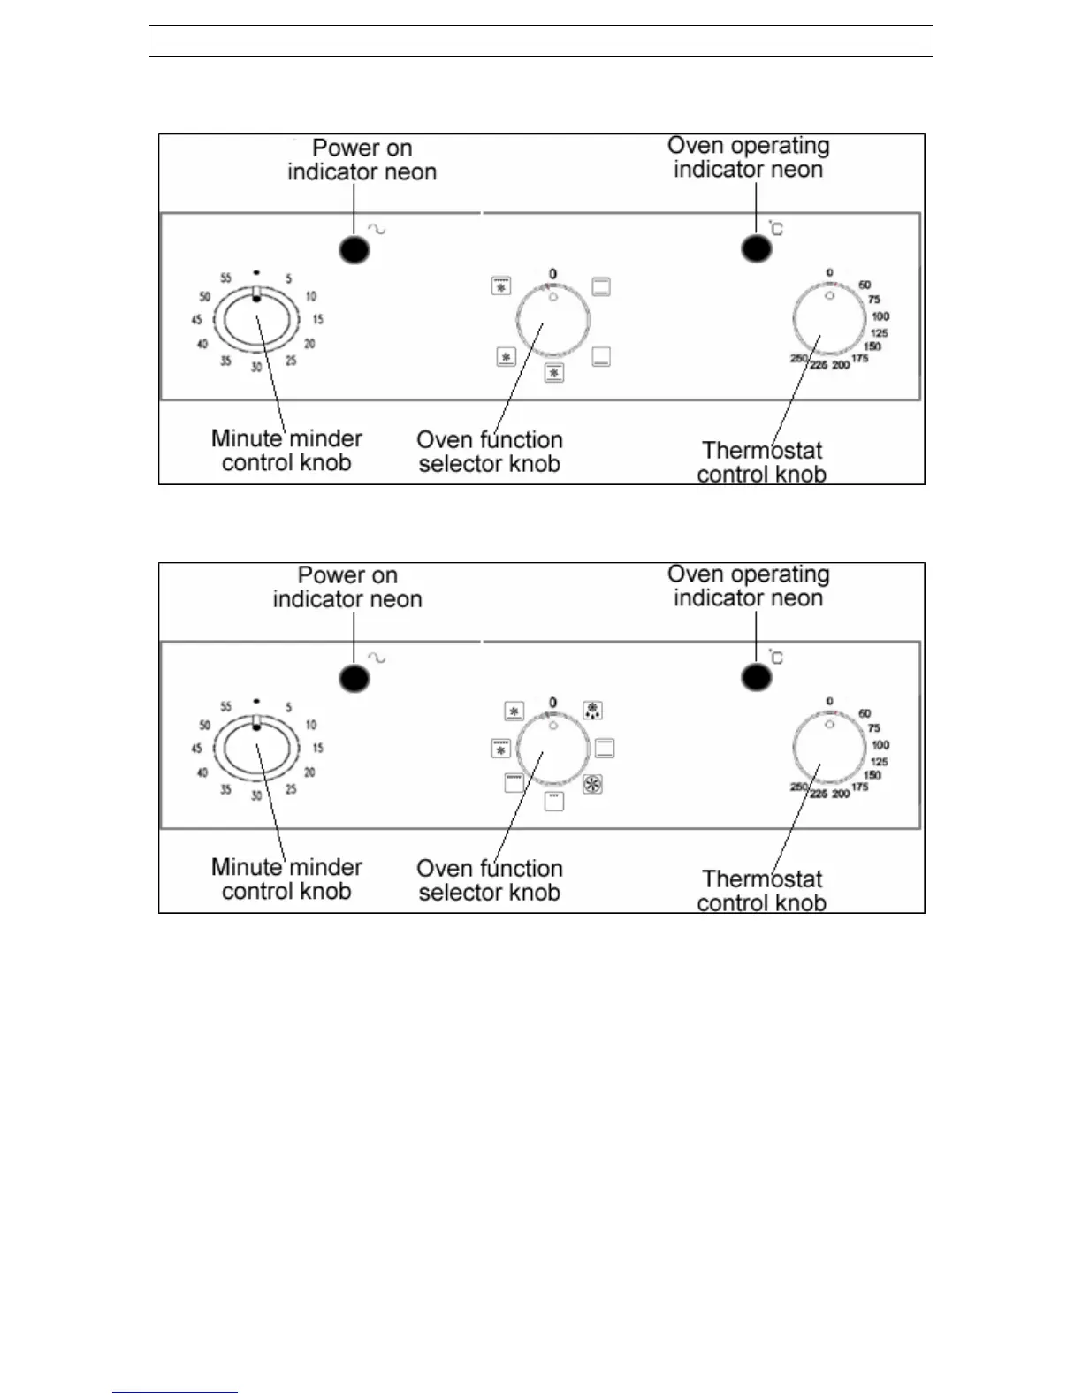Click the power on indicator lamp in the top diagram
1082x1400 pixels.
tap(354, 250)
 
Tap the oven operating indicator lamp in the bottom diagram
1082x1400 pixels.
tap(756, 678)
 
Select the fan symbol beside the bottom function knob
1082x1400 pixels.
tap(592, 784)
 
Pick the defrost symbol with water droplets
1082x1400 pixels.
tap(592, 710)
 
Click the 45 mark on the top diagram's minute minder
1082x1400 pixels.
tap(196, 320)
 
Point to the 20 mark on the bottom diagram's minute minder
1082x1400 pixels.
tap(309, 772)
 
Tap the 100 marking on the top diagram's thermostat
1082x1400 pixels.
tap(880, 316)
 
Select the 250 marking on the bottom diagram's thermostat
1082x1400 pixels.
tap(798, 787)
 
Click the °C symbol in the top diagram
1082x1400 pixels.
tap(775, 229)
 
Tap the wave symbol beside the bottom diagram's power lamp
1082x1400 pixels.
tap(377, 658)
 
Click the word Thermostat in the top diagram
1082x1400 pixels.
tap(762, 451)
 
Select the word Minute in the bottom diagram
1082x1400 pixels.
tap(246, 867)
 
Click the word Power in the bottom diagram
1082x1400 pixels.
tap(321, 575)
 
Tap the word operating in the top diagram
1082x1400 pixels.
tap(781, 146)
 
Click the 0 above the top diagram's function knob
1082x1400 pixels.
tap(552, 274)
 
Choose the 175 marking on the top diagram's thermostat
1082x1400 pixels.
tap(859, 358)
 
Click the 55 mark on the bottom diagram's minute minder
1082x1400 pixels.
tap(225, 707)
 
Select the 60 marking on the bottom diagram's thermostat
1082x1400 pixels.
tap(865, 713)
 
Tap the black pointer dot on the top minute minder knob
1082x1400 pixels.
tap(256, 300)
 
